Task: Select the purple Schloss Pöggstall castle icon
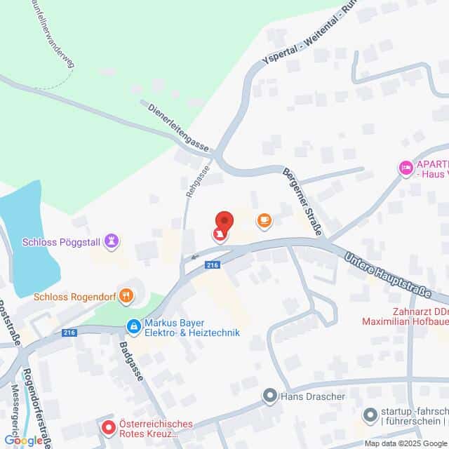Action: pos(110,241)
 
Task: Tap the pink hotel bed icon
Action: pos(405,168)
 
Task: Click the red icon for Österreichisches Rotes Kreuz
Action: pos(108,426)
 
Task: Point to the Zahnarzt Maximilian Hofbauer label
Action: pos(406,316)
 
